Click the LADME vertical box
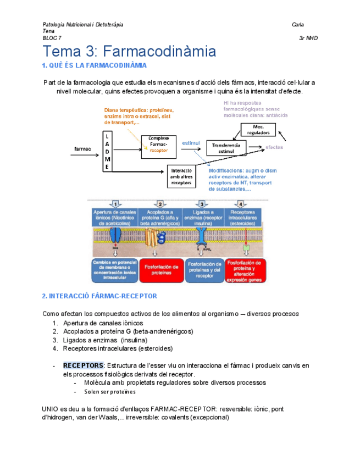pos(107,151)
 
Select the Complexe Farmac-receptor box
pos(159,146)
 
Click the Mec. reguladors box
pos(258,130)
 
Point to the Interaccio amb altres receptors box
pos(181,175)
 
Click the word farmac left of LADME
pos(82,149)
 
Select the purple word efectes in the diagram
pos(274,147)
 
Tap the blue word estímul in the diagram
pos(190,143)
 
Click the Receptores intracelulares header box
pos(243,218)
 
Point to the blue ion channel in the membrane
pos(115,236)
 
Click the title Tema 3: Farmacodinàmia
pos(129,52)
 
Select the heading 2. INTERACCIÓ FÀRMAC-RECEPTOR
pos(99,296)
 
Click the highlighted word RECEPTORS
pos(83,365)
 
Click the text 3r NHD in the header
pos(308,38)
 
